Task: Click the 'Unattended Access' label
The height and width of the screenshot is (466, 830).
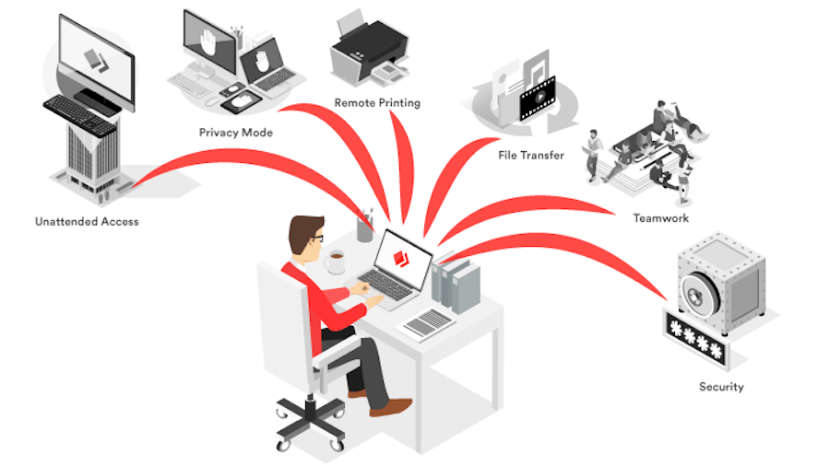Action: [x=87, y=222]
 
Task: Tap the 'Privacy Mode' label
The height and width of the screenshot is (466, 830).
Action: [x=235, y=133]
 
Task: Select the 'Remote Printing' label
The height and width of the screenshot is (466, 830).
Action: [x=377, y=103]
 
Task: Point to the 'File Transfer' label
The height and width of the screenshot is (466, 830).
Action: [x=531, y=156]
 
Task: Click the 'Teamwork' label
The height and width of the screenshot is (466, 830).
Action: [x=661, y=218]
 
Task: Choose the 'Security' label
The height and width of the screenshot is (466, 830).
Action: [x=721, y=387]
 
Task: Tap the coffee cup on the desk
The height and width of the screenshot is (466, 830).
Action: [x=335, y=262]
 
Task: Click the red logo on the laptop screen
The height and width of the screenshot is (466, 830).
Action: [x=401, y=258]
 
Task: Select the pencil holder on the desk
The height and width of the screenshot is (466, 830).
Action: [x=364, y=227]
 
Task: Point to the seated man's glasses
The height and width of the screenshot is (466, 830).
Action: [x=316, y=238]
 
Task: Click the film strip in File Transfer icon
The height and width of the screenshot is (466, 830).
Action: [x=539, y=99]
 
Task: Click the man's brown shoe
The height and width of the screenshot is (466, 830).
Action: [x=391, y=407]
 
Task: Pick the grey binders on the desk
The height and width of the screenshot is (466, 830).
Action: [x=456, y=284]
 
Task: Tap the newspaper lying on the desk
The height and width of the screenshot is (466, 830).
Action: [x=428, y=323]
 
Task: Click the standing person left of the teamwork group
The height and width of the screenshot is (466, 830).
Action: [x=593, y=156]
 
